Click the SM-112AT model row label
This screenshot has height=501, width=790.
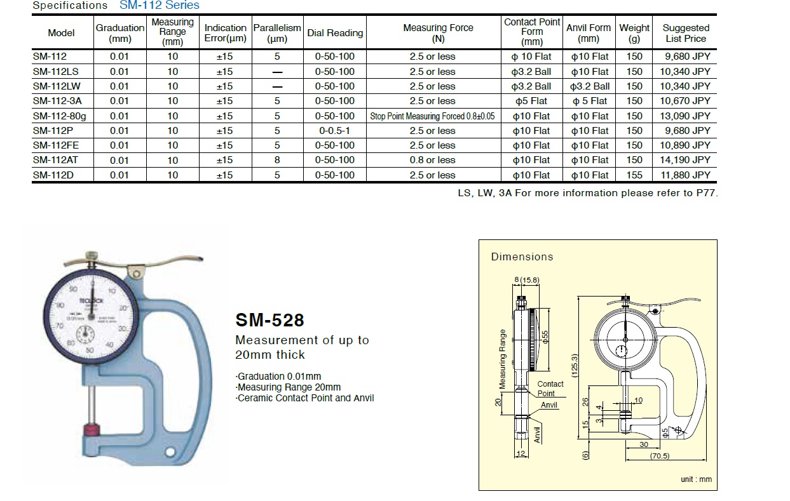point(55,160)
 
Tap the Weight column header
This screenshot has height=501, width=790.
point(634,33)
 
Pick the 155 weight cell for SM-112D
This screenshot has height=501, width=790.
point(634,175)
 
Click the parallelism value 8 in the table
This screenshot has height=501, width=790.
point(277,160)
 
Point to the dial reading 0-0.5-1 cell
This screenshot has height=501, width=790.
point(335,131)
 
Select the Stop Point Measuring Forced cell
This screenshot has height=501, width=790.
point(432,116)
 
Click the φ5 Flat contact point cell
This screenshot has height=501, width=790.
point(531,101)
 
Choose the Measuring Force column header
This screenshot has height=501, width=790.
point(438,33)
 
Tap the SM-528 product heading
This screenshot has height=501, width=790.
point(269,320)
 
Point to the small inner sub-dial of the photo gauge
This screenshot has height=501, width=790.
point(86,336)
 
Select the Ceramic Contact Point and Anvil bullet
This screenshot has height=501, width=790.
point(305,398)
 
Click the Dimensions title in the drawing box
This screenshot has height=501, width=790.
point(522,257)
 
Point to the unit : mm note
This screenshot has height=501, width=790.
point(696,479)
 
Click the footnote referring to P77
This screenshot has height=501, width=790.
point(587,193)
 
